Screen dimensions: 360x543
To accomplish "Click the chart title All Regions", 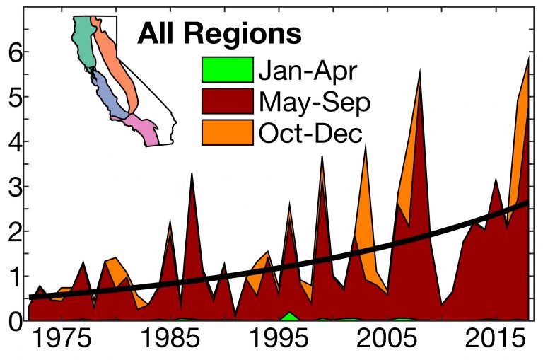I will click(219, 33).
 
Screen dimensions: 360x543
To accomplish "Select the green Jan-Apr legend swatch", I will click(227, 69).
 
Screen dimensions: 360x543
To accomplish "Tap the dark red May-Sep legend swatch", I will click(227, 101).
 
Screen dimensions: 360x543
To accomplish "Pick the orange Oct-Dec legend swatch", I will click(227, 132).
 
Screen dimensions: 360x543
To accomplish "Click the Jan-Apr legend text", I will click(308, 69).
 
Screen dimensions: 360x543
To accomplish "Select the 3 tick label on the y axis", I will click(12, 187).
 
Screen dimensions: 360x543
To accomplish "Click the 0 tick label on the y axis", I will click(12, 321).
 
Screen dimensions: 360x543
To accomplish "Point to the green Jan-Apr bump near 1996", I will click(288, 316).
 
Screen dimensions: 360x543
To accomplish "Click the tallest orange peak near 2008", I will click(419, 75).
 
